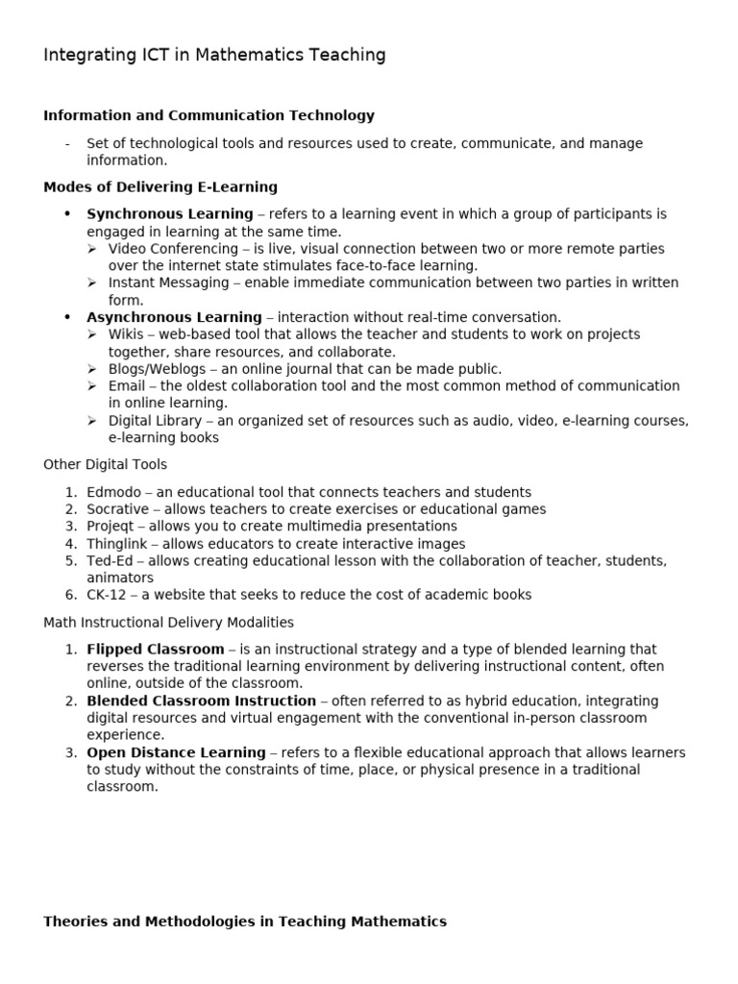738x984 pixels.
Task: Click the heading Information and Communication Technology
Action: pyautogui.click(x=209, y=115)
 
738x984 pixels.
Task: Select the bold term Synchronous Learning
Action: pyautogui.click(x=170, y=213)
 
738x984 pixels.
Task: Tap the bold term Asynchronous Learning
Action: pyautogui.click(x=174, y=317)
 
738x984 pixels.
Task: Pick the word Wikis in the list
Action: pyautogui.click(x=127, y=334)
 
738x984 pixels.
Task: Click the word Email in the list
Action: pyautogui.click(x=126, y=386)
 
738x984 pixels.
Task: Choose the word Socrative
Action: pyautogui.click(x=118, y=509)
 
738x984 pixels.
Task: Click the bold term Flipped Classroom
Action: pyautogui.click(x=156, y=649)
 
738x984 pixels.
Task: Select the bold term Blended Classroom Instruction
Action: pyautogui.click(x=201, y=701)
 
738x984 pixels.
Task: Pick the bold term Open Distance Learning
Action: pyautogui.click(x=176, y=752)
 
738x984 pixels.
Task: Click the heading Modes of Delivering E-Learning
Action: pyautogui.click(x=160, y=186)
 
